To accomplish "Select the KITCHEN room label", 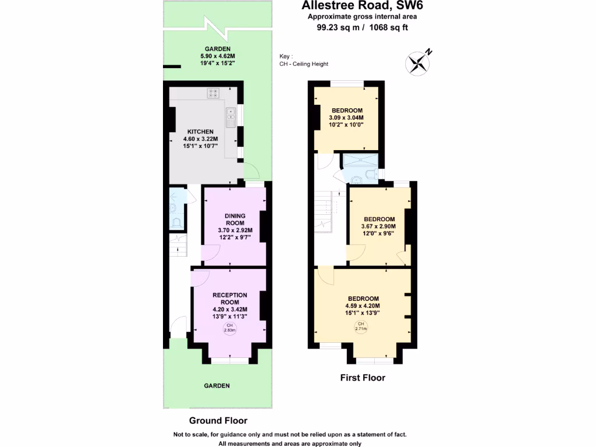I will pyautogui.click(x=200, y=132).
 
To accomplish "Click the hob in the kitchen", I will pyautogui.click(x=213, y=92).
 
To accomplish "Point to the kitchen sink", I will pyautogui.click(x=231, y=118).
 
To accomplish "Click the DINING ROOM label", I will pyautogui.click(x=235, y=219).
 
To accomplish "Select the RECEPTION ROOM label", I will pyautogui.click(x=230, y=299).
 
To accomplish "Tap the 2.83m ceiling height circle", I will pyautogui.click(x=230, y=328).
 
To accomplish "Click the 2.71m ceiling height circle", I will pyautogui.click(x=361, y=327).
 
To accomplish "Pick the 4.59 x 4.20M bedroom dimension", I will pyautogui.click(x=363, y=306).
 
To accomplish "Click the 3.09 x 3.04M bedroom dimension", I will pyautogui.click(x=347, y=118).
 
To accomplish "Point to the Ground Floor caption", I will pyautogui.click(x=218, y=421).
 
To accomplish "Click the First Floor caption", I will pyautogui.click(x=363, y=378).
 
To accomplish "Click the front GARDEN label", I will pyautogui.click(x=217, y=386).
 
